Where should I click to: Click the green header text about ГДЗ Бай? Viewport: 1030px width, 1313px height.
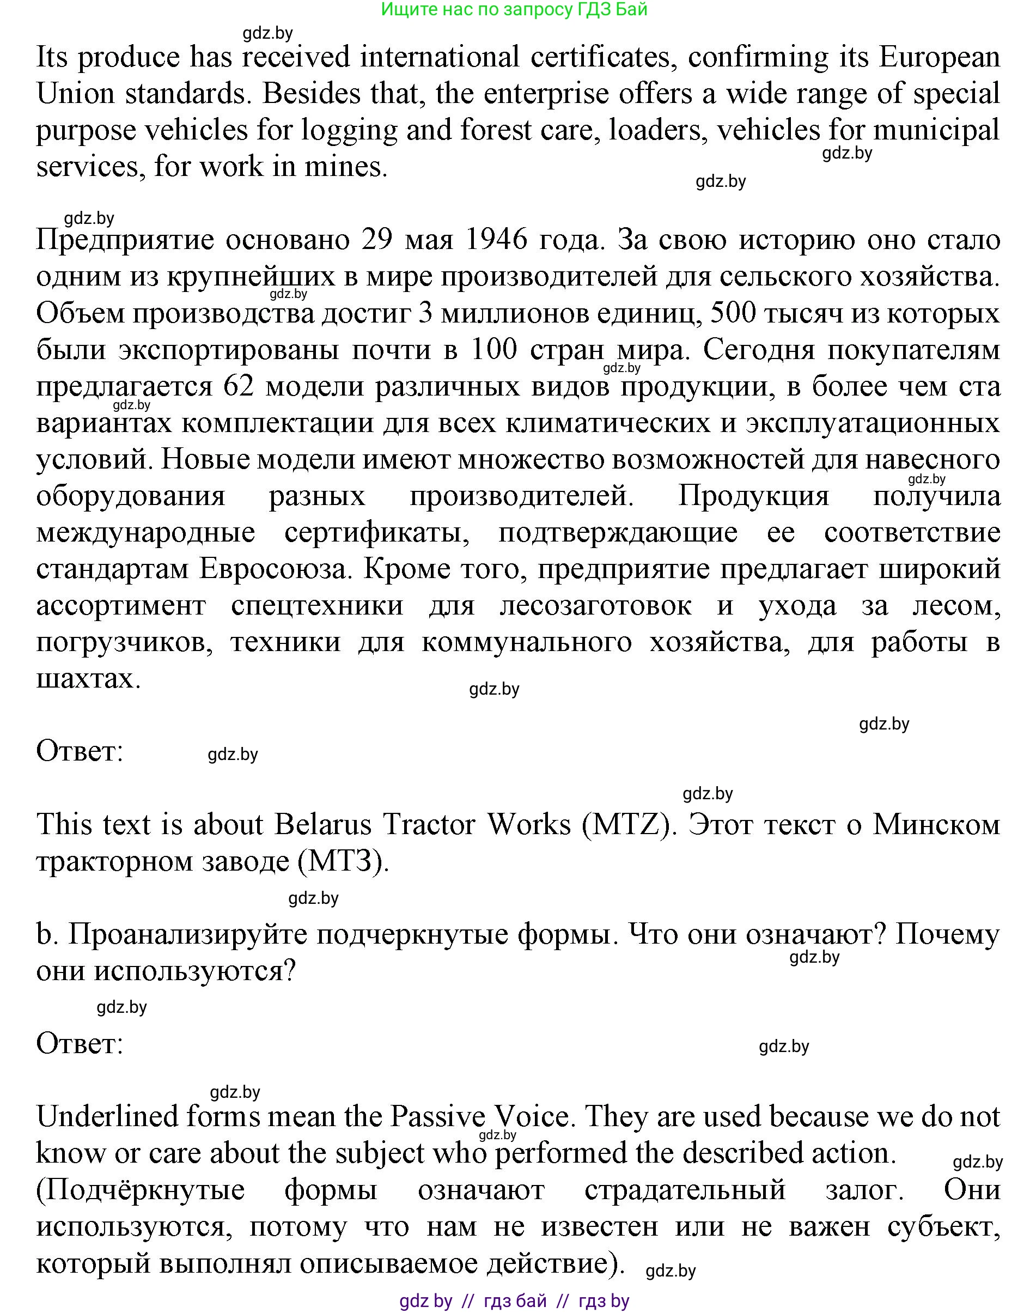click(514, 10)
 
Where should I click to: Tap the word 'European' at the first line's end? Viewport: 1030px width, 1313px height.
click(940, 58)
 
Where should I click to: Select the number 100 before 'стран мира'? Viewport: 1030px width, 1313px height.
click(494, 350)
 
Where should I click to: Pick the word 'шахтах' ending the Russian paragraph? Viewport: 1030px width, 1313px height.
click(88, 679)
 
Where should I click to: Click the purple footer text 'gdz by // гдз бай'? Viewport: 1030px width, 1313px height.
click(514, 1301)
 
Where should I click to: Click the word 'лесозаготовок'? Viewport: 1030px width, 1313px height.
click(595, 605)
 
